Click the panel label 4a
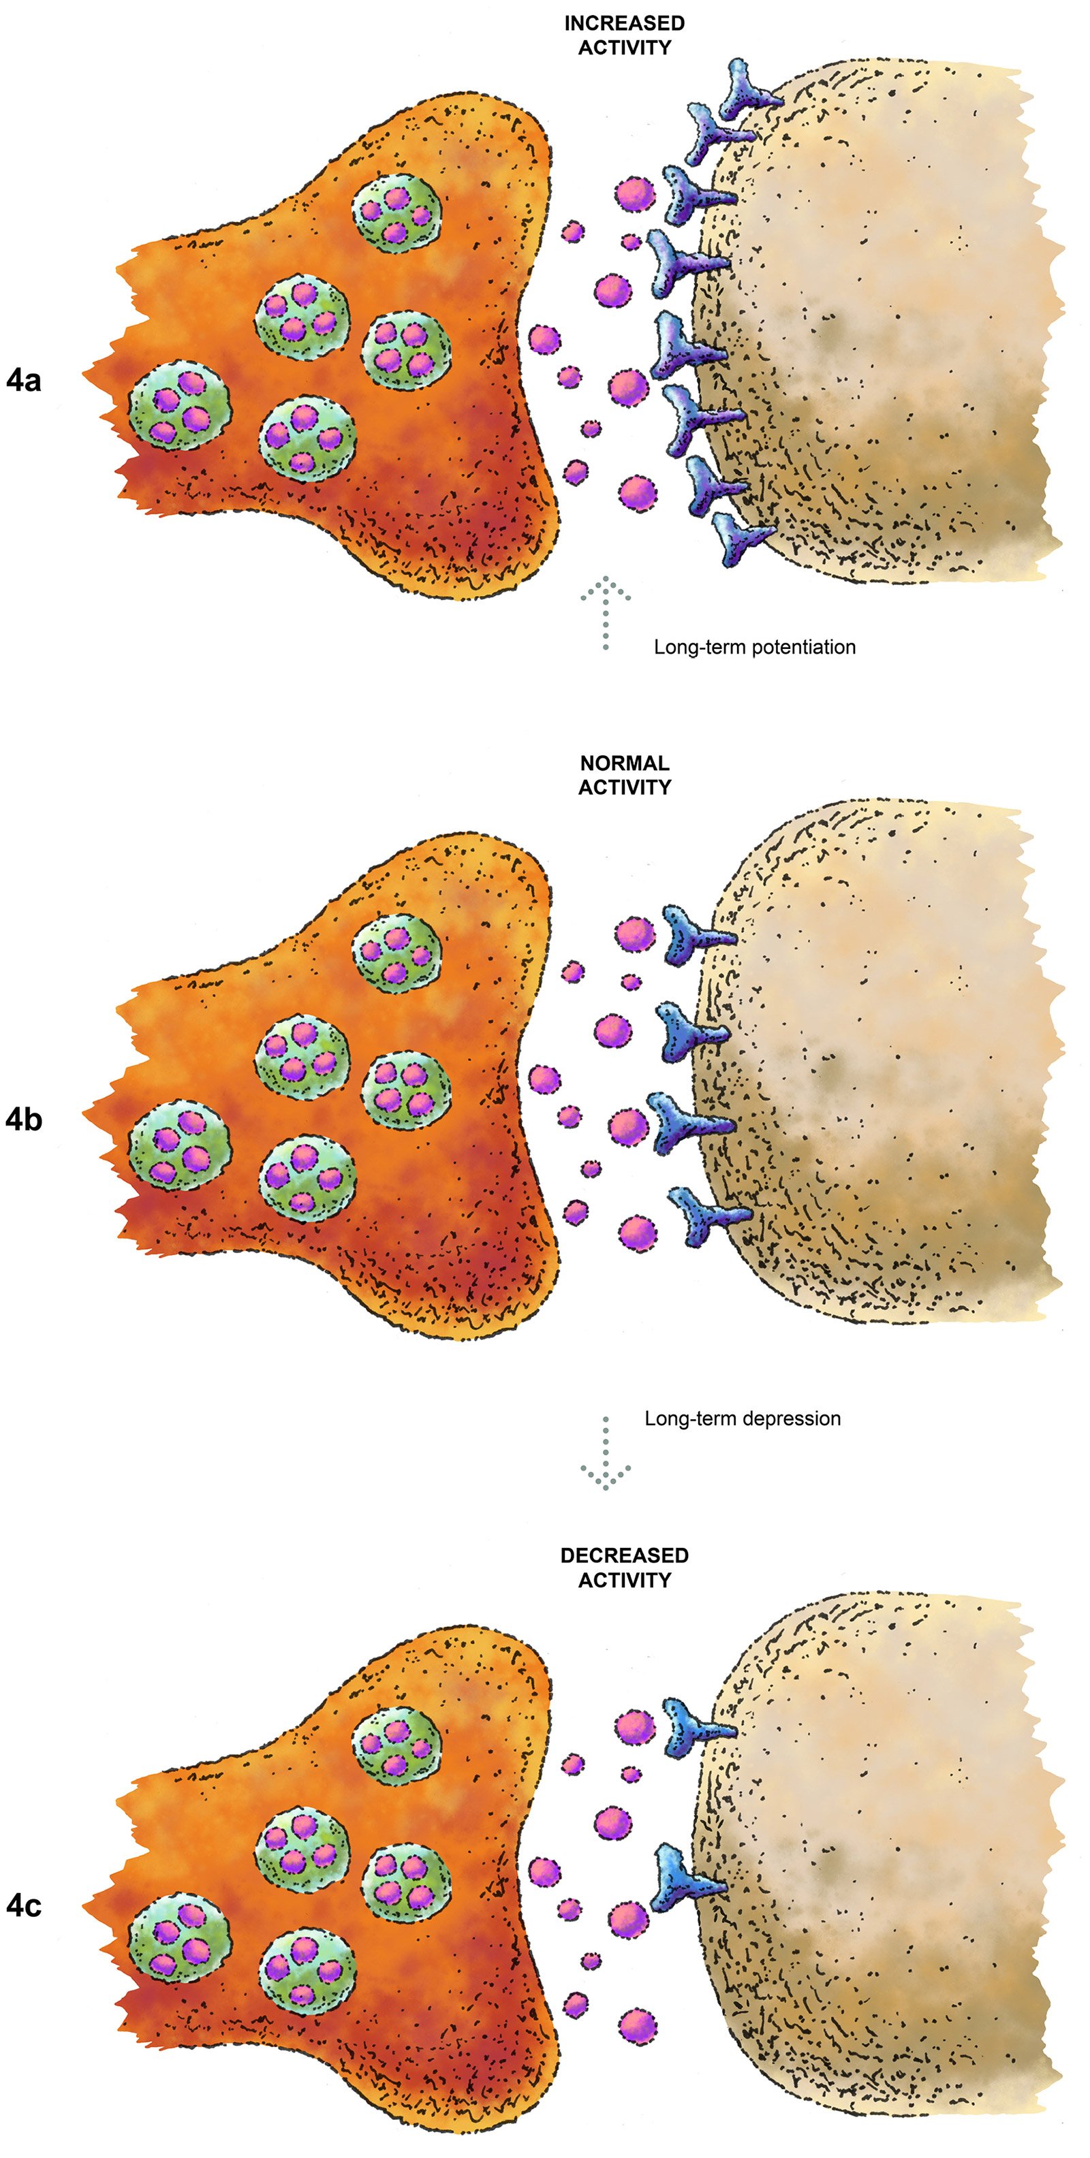(x=23, y=381)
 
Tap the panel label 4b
(x=23, y=1120)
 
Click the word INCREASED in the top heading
(x=624, y=23)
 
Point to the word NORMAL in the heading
(x=624, y=763)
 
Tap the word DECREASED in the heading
(x=624, y=1555)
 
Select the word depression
(x=787, y=1419)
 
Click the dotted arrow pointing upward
(x=606, y=612)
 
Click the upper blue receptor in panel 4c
(x=691, y=1725)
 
